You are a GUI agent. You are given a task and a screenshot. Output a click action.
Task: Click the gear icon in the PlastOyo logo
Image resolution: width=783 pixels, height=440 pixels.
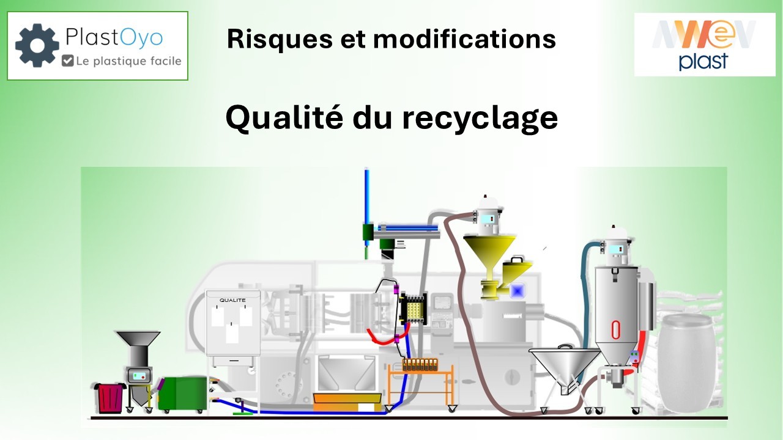[37, 45]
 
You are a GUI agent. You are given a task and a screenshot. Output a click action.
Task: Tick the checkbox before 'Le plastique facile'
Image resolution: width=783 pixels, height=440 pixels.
[67, 61]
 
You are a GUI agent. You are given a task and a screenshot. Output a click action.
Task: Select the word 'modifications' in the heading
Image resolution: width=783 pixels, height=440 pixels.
[464, 39]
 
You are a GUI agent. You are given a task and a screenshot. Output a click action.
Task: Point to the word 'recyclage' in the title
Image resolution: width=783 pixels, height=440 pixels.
[479, 117]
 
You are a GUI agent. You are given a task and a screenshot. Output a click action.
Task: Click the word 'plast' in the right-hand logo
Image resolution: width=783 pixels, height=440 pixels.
[703, 61]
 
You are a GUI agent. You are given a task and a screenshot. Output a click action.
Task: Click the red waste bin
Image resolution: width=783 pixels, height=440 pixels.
[109, 398]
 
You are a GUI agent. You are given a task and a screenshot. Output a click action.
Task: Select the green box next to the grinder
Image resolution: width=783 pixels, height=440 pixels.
[182, 394]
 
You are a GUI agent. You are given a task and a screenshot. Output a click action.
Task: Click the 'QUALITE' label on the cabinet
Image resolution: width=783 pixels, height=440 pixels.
[232, 300]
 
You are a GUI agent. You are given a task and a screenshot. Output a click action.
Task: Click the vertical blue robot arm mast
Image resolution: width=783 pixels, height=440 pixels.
[366, 199]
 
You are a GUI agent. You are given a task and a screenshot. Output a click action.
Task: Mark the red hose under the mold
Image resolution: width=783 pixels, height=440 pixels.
[382, 338]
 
